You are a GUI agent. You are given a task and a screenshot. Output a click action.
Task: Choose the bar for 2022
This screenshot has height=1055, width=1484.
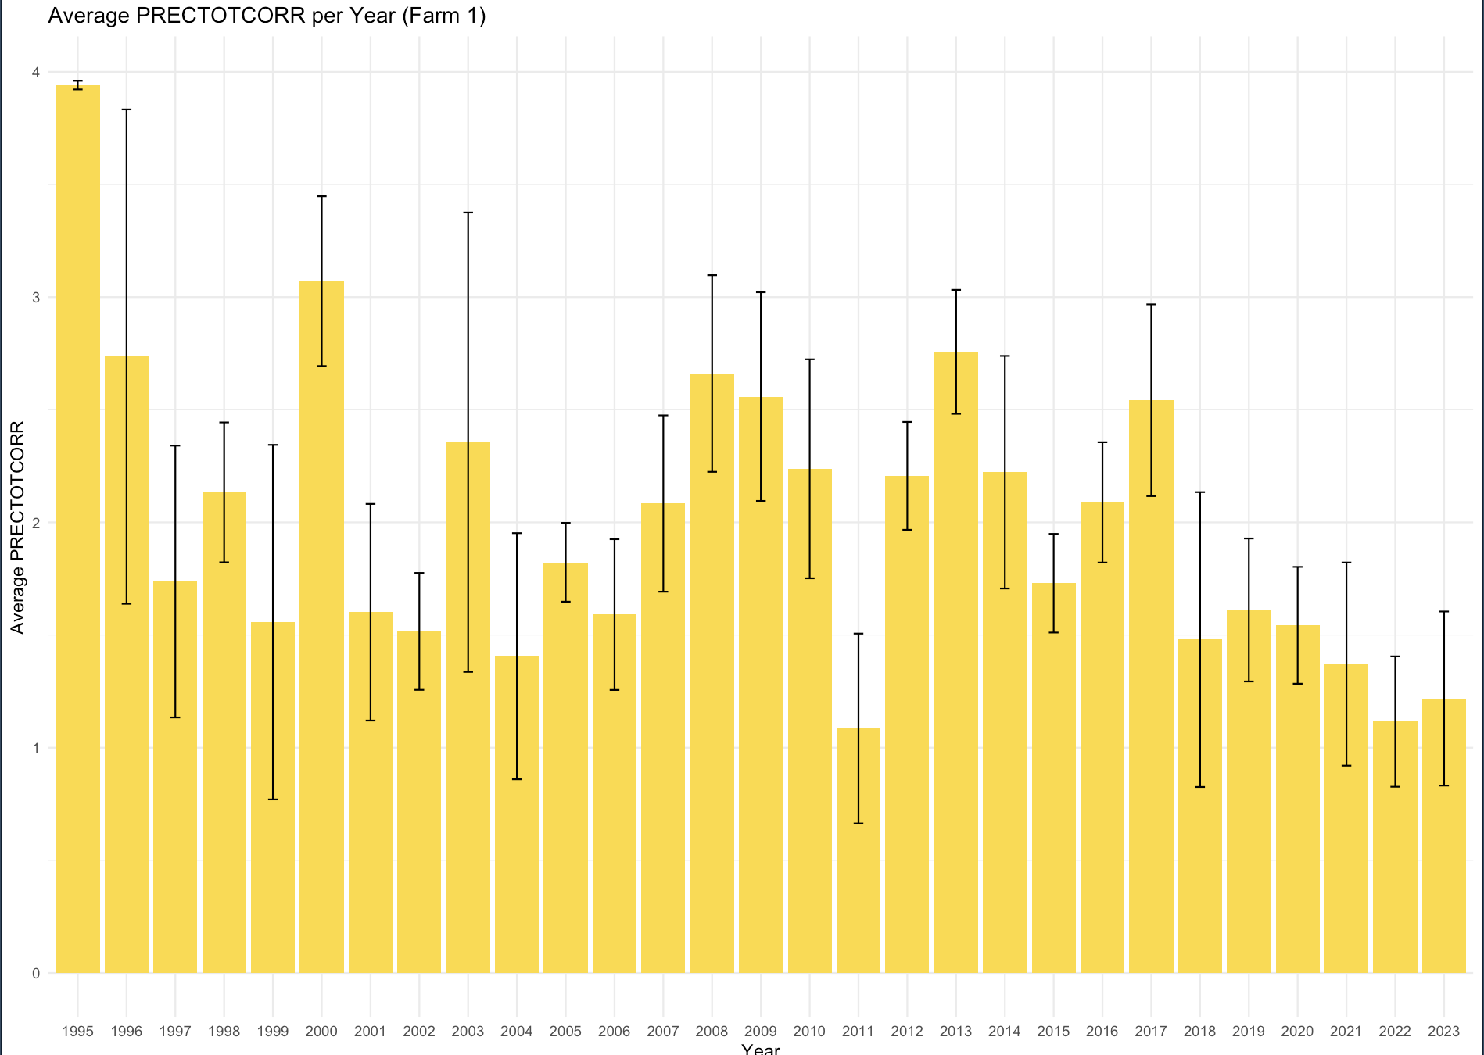click(1395, 847)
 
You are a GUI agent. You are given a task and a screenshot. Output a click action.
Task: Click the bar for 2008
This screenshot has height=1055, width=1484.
click(712, 673)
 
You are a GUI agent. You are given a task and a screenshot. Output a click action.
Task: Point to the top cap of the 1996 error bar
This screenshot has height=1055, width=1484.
click(127, 109)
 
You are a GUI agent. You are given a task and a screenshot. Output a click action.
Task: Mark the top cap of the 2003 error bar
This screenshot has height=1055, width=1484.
click(468, 213)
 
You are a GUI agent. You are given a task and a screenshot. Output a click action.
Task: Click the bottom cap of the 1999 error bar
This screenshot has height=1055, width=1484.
click(273, 799)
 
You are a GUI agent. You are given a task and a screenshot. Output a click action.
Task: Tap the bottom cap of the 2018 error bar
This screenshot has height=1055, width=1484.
click(1200, 787)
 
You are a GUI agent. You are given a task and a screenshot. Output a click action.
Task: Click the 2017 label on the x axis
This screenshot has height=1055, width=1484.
click(1151, 1032)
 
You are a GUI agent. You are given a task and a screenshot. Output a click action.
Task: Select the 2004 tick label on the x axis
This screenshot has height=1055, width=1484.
click(517, 1032)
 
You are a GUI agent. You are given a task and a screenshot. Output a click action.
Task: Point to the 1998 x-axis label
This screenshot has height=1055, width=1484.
click(224, 1032)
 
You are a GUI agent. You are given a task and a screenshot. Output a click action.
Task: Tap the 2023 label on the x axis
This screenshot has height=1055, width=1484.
click(1443, 1032)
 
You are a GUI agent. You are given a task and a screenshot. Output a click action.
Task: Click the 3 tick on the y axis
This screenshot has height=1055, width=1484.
click(35, 298)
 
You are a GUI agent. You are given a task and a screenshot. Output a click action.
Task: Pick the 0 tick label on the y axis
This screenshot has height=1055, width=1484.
click(35, 973)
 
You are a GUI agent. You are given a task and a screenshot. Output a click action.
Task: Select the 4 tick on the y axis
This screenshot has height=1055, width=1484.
click(35, 73)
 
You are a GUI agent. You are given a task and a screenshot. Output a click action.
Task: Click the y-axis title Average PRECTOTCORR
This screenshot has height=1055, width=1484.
click(17, 527)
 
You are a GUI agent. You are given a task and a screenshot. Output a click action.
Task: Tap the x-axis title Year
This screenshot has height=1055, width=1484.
click(760, 1049)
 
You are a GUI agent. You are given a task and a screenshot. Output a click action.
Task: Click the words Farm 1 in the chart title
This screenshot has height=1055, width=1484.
click(443, 16)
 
